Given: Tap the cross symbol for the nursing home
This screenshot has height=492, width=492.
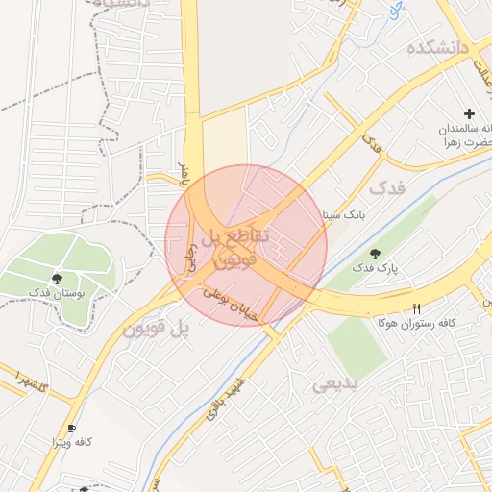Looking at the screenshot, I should (x=469, y=113).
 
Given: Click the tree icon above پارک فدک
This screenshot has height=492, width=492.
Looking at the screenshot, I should (x=375, y=254).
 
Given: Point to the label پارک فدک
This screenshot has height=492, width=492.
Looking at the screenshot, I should (x=375, y=270).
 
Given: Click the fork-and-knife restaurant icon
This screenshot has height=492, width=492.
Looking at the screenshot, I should (x=416, y=308).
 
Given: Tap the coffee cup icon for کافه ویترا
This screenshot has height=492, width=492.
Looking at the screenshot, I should (x=70, y=427).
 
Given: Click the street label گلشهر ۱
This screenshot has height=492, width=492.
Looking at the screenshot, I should (x=33, y=377).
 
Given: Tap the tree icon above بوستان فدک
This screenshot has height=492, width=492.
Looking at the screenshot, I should (x=59, y=278).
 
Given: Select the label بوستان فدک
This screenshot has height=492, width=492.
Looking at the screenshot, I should (x=58, y=292).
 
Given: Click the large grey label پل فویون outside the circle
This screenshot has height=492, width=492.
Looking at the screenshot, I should (x=155, y=330).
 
